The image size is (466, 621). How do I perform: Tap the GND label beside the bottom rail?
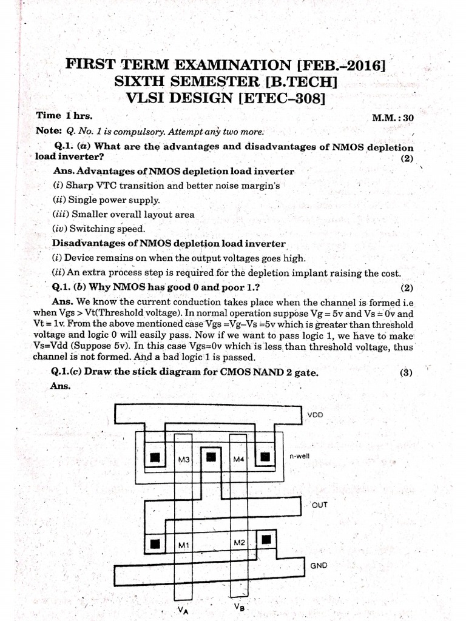tap(319, 565)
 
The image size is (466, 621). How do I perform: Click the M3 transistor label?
tap(184, 460)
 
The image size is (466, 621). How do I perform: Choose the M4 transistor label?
tap(238, 460)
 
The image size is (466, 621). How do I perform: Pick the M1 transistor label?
tap(184, 545)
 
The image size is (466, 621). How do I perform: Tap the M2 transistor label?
tap(238, 542)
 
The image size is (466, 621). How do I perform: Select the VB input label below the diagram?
tap(238, 606)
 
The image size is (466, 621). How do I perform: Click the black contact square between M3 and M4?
tap(211, 457)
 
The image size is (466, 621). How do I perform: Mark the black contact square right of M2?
tap(266, 539)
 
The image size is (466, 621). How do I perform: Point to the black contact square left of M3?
tap(156, 457)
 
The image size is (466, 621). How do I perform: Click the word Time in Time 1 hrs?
tap(49, 115)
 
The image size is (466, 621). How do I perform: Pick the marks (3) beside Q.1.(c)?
tap(406, 373)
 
